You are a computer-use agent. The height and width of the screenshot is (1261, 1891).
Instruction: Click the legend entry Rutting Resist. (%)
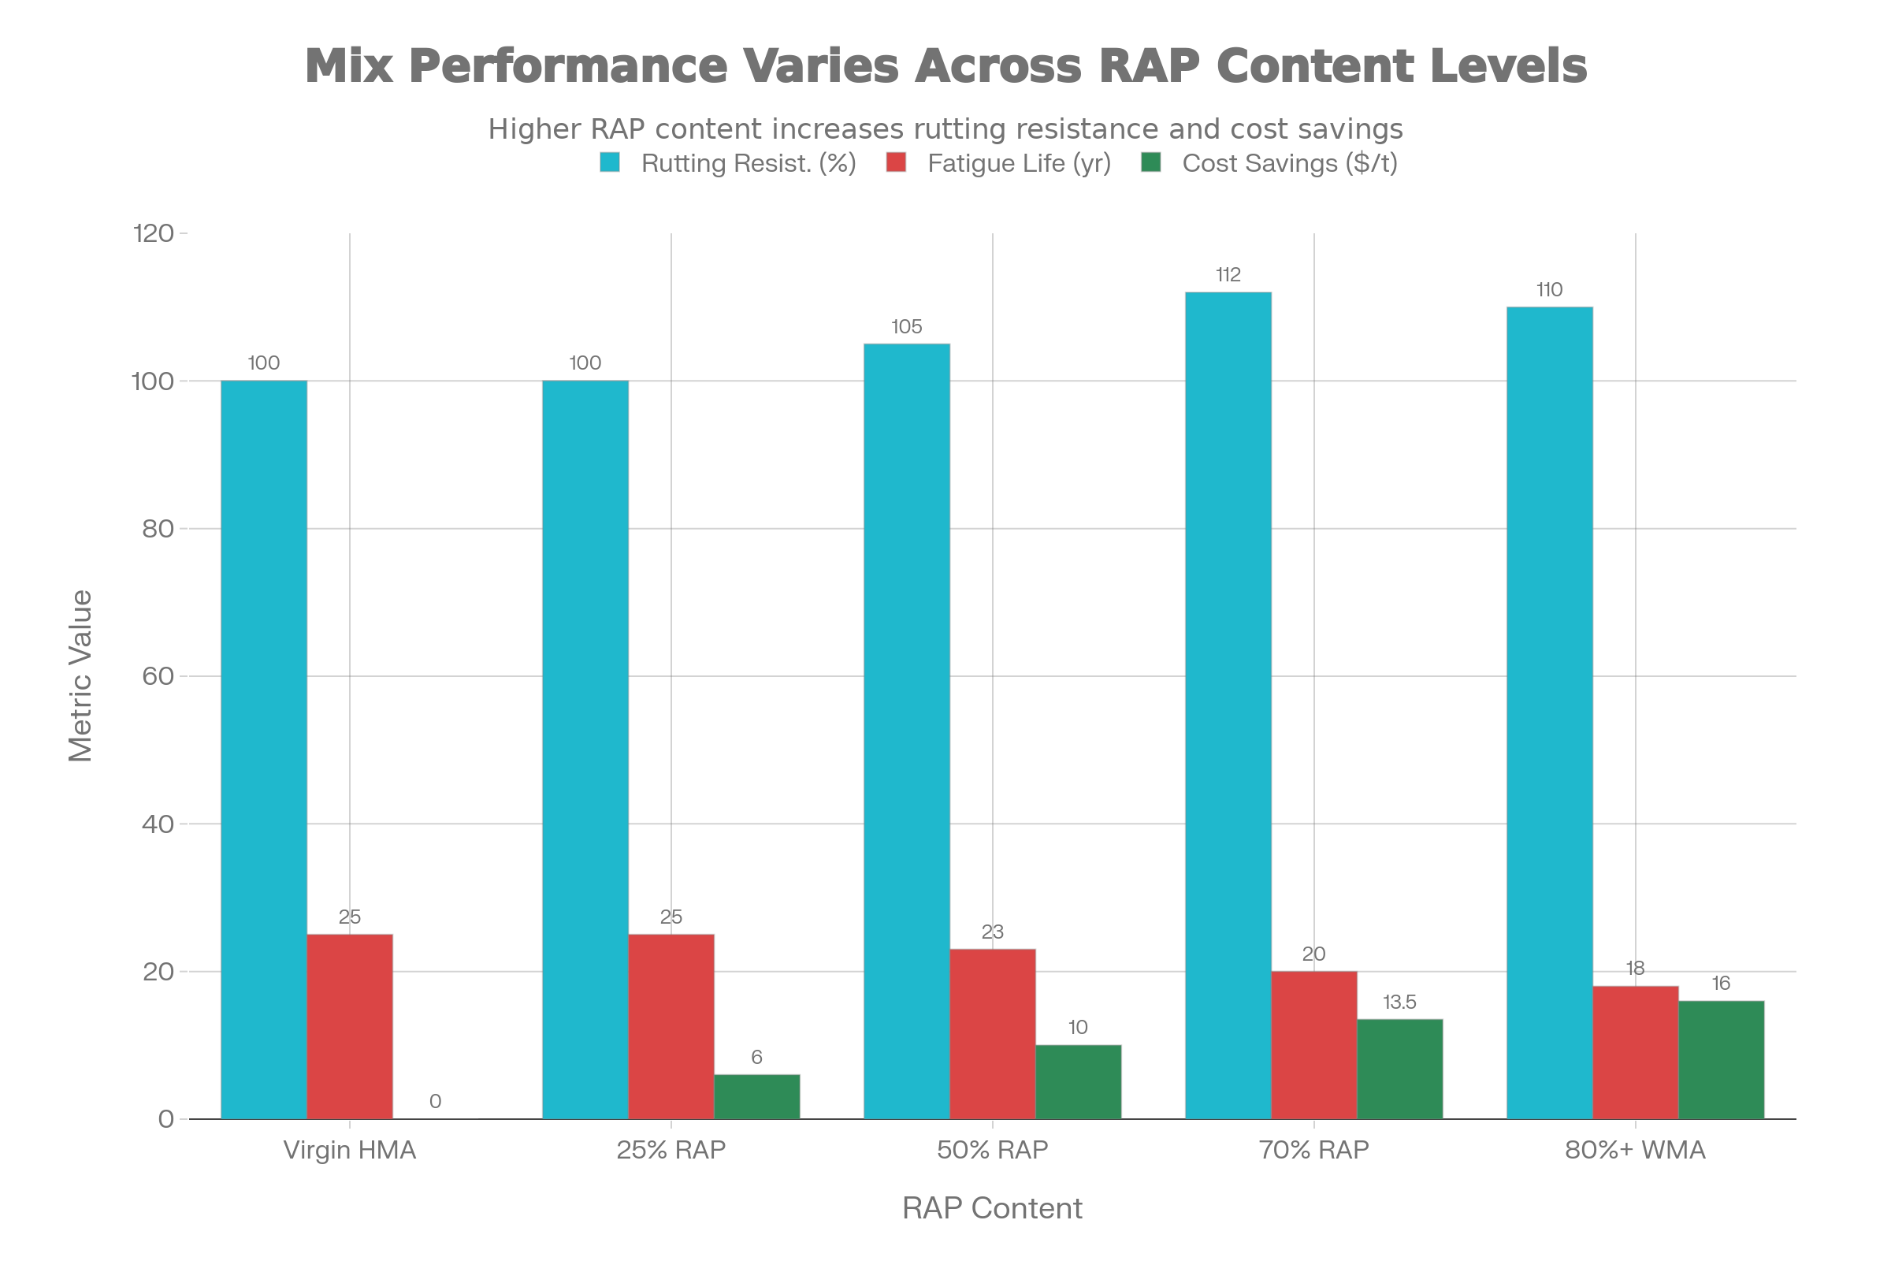coord(748,163)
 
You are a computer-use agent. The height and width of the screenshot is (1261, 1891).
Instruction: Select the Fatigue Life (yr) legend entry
coord(1019,163)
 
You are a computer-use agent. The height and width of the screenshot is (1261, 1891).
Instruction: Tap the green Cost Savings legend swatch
coord(1150,163)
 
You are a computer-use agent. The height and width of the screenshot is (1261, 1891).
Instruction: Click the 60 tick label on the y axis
coord(158,675)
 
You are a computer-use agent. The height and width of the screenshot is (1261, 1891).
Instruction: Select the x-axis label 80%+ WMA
coord(1634,1150)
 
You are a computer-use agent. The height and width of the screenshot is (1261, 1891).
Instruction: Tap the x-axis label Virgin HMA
coord(350,1150)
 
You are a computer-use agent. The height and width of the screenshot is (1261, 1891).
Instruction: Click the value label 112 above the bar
coord(1228,275)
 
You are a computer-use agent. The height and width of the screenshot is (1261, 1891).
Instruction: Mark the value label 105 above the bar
coord(906,326)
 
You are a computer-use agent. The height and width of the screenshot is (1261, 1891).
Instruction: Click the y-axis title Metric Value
coord(80,675)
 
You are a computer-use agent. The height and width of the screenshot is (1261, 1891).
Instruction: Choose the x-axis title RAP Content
coord(992,1209)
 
